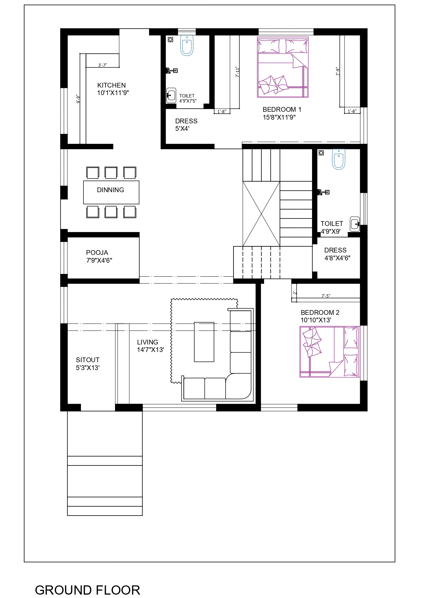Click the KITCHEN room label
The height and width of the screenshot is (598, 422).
pos(112,85)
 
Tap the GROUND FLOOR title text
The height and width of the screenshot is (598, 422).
pos(87,590)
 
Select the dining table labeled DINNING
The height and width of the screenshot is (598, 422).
pos(111,192)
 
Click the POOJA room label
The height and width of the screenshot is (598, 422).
pos(97,252)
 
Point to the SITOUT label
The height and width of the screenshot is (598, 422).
pos(88,360)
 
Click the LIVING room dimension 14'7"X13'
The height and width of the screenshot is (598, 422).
pos(150,350)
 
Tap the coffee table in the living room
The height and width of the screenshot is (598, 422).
pos(204,342)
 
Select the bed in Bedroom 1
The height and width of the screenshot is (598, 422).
pos(283,67)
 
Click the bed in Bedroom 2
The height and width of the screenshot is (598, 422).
pos(329,352)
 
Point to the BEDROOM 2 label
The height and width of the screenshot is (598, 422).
pos(320,312)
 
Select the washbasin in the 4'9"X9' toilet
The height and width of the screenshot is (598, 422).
pos(355,224)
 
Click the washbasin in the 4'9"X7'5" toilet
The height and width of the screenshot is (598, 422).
pos(171,95)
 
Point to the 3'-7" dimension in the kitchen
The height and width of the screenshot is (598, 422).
pos(102,65)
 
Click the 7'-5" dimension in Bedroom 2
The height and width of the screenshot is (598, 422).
pos(326,296)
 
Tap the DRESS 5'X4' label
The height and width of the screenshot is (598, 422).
pos(186,125)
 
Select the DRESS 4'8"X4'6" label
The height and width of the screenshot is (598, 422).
pos(337,254)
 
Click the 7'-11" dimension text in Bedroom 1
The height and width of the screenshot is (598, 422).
pos(238,72)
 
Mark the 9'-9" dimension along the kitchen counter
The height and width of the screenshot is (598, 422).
pos(78,99)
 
